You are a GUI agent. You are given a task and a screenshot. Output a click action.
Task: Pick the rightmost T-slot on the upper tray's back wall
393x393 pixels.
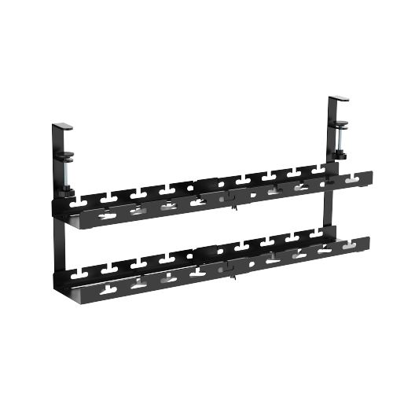319,168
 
